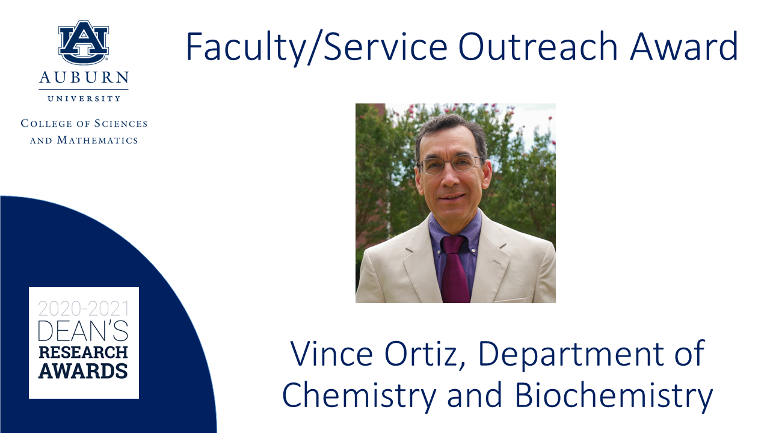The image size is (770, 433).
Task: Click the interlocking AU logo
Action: pos(84,42)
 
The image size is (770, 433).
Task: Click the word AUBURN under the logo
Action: pos(84,78)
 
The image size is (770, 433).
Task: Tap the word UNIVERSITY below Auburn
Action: pos(84,99)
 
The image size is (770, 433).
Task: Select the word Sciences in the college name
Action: pos(121,123)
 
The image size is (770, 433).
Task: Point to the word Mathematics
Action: pos(97,140)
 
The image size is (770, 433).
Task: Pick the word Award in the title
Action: pos(684,46)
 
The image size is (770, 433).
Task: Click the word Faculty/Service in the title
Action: pos(316,48)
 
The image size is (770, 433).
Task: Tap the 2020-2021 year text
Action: pos(84,309)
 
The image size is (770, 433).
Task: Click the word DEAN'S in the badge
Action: pos(83,331)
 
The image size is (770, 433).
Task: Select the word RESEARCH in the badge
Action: pos(83,352)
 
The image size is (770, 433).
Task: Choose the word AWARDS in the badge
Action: pos(83,371)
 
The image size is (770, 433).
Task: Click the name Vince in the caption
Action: pos(331,354)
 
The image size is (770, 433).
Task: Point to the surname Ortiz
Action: pos(425,355)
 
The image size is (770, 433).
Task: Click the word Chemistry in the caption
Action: pos(359,396)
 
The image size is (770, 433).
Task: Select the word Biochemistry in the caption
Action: pos(614,396)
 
